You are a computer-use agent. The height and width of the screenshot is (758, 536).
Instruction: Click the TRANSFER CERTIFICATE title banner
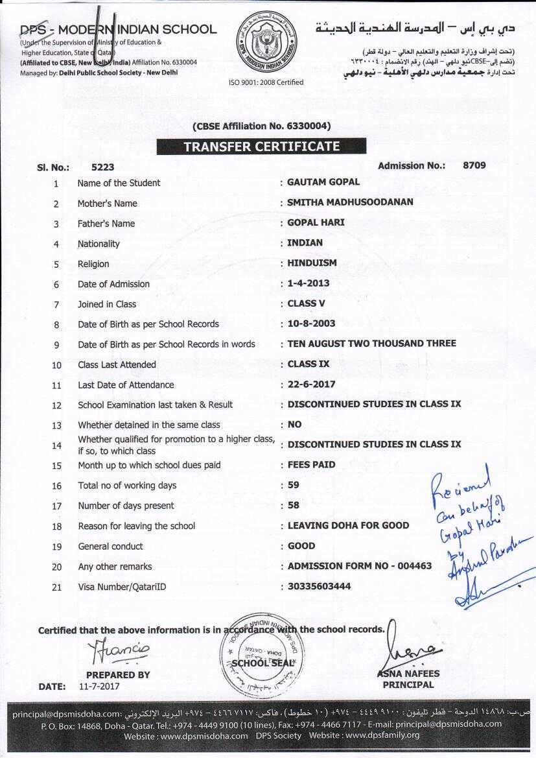pyautogui.click(x=261, y=147)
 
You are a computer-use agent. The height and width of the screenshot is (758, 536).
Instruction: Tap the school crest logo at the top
pyautogui.click(x=267, y=44)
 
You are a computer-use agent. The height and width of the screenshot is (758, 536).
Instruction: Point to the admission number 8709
pyautogui.click(x=474, y=165)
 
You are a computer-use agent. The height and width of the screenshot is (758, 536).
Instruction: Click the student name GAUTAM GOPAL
pyautogui.click(x=323, y=182)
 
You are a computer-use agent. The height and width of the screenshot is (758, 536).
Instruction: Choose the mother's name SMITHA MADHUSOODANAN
pyautogui.click(x=350, y=202)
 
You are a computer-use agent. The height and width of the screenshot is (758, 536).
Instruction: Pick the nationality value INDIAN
pyautogui.click(x=305, y=243)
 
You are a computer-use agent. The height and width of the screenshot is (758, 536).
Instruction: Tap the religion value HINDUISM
pyautogui.click(x=312, y=263)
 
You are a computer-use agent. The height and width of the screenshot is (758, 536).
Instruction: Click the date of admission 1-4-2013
pyautogui.click(x=309, y=283)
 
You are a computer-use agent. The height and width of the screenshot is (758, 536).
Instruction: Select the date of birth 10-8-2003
pyautogui.click(x=311, y=324)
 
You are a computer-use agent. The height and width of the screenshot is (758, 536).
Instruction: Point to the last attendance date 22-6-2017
pyautogui.click(x=312, y=384)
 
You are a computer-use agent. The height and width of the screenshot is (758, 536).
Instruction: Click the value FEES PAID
pyautogui.click(x=312, y=464)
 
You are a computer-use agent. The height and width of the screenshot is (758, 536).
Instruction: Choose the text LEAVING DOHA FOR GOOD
pyautogui.click(x=348, y=525)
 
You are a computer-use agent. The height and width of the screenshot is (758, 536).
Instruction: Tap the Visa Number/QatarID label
pyautogui.click(x=122, y=587)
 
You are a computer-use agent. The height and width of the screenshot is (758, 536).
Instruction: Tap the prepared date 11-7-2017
pyautogui.click(x=99, y=685)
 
